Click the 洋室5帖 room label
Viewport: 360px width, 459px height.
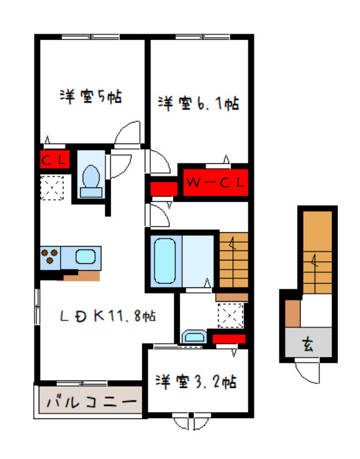(x=90, y=97)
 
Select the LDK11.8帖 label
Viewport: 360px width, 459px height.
(x=107, y=316)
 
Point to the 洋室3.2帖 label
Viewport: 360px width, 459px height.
(x=197, y=380)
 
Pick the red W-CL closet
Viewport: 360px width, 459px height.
(x=214, y=183)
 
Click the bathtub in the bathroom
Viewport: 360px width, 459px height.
(x=163, y=262)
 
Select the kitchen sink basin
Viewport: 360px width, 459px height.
(x=86, y=258)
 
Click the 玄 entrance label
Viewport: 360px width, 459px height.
(x=308, y=345)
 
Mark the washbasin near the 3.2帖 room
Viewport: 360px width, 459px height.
(x=194, y=337)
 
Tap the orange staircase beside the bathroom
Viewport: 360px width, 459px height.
(x=232, y=262)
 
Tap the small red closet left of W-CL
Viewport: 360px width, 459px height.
(x=164, y=188)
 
